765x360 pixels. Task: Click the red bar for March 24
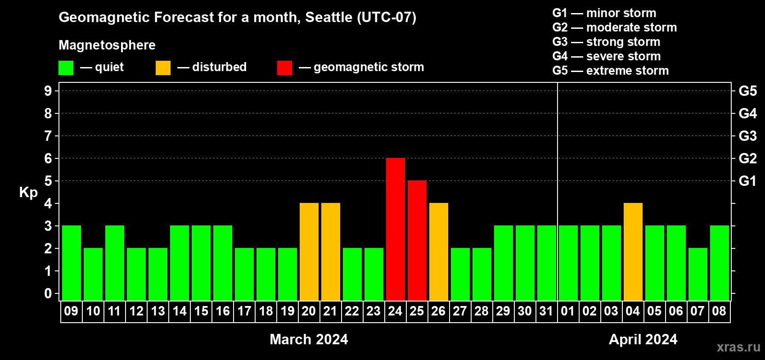tap(396, 229)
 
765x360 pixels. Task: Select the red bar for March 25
tap(417, 240)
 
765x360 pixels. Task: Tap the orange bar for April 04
tap(633, 252)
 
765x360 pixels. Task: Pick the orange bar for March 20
tap(309, 252)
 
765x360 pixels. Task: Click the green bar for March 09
tap(72, 263)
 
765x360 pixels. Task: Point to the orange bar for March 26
tap(439, 252)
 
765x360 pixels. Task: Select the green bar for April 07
tap(698, 274)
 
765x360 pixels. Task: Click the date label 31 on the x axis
tap(546, 311)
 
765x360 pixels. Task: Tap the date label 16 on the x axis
tap(223, 311)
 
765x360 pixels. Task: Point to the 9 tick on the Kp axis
tap(48, 91)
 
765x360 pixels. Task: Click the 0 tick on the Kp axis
tap(48, 293)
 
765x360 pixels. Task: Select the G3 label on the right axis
tap(747, 136)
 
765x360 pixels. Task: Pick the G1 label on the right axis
tap(747, 181)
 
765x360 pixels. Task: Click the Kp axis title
tap(28, 193)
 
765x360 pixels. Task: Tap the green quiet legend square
tap(66, 67)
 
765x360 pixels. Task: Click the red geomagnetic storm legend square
tap(285, 67)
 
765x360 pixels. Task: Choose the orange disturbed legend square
tap(163, 67)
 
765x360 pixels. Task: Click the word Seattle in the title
tap(328, 17)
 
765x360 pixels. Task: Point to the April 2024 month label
tap(643, 339)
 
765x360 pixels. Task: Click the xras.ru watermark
tap(738, 347)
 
